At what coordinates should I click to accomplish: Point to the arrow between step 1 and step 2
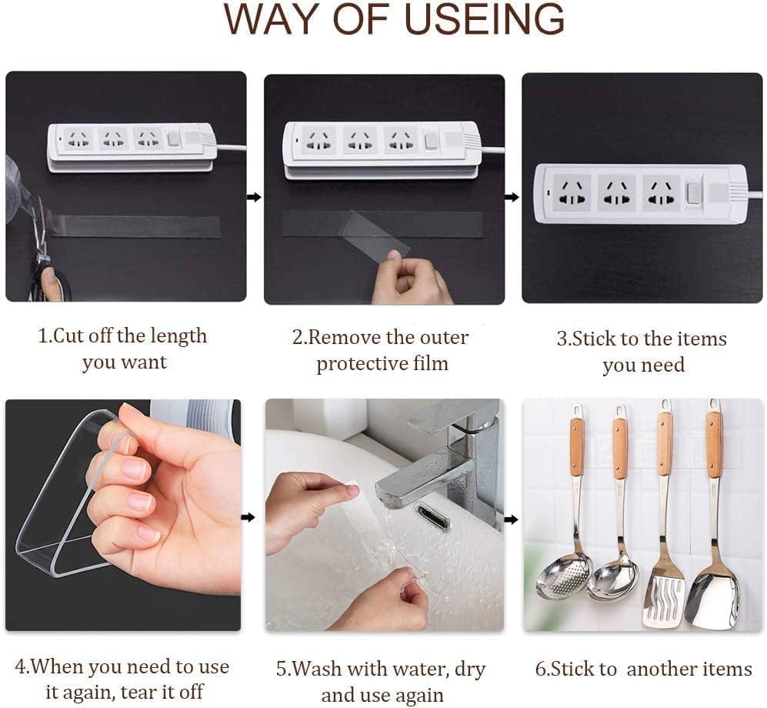(x=254, y=197)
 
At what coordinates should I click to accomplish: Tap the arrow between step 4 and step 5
(x=248, y=517)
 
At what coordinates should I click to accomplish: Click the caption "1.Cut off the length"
(x=123, y=336)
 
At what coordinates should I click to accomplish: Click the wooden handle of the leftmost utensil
(x=576, y=446)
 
